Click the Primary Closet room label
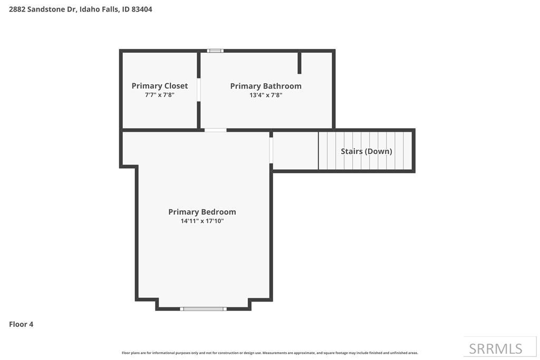coord(159,86)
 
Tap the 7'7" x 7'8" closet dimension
coord(159,95)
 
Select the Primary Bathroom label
coord(266,86)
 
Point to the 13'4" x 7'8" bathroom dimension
coord(266,95)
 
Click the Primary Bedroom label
coord(202,212)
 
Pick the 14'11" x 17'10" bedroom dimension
coord(202,221)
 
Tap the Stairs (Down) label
coord(366,151)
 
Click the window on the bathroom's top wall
coord(215,51)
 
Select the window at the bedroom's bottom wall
coord(203,309)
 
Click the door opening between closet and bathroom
coord(199,90)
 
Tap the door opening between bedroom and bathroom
coord(215,130)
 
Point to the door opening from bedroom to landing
coord(271,150)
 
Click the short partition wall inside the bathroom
coord(300,63)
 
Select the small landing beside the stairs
coord(295,151)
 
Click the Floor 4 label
coord(21,324)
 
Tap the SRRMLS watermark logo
coord(496,348)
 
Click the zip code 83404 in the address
coord(142,9)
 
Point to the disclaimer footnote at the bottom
coord(269,353)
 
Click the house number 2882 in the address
coord(17,9)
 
